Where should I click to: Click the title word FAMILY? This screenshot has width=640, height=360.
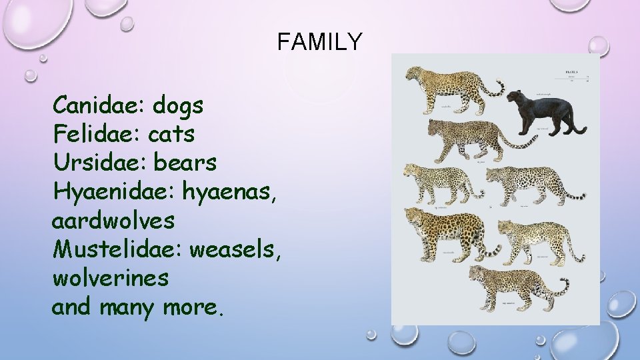click(x=319, y=43)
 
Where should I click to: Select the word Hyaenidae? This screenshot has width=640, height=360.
click(x=112, y=192)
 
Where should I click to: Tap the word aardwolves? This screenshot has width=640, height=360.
click(x=113, y=219)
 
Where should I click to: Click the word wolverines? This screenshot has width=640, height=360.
click(x=110, y=277)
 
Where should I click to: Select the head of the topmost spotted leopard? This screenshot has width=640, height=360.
click(x=415, y=74)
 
